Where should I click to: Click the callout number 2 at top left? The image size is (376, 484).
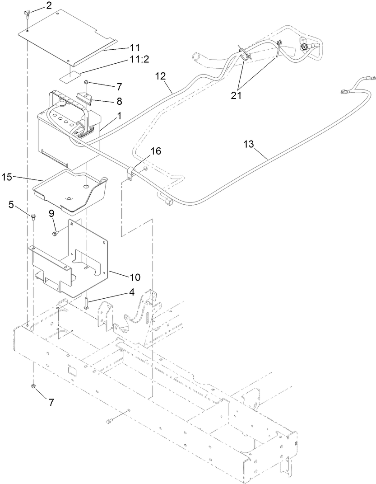(x=49, y=6)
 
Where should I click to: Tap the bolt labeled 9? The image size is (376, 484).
(x=55, y=233)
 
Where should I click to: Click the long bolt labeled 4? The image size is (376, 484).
(x=85, y=300)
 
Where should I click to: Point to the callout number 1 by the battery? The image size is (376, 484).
(x=119, y=116)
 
